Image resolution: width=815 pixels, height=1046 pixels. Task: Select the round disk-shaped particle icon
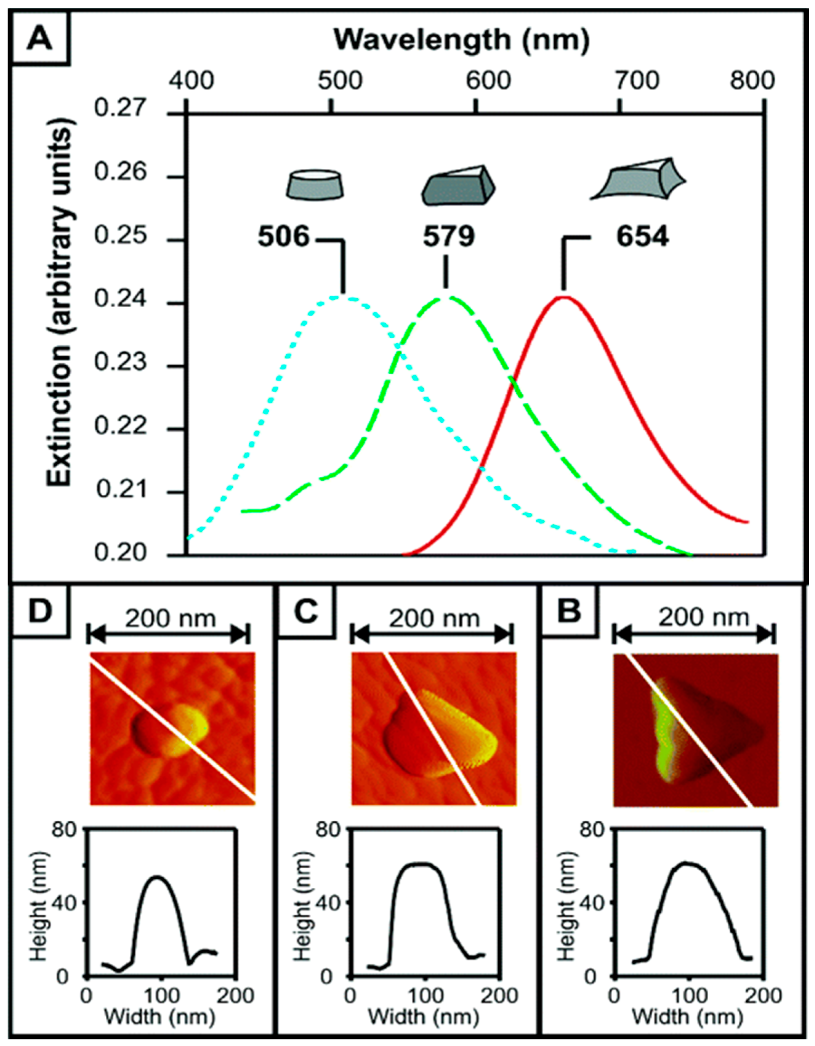click(315, 185)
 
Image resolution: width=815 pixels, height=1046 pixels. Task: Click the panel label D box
click(40, 613)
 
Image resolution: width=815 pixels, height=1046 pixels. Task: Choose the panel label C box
click(306, 613)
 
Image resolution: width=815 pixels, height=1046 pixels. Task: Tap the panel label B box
click(569, 613)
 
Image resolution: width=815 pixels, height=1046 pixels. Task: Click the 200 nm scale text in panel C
click(434, 619)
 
